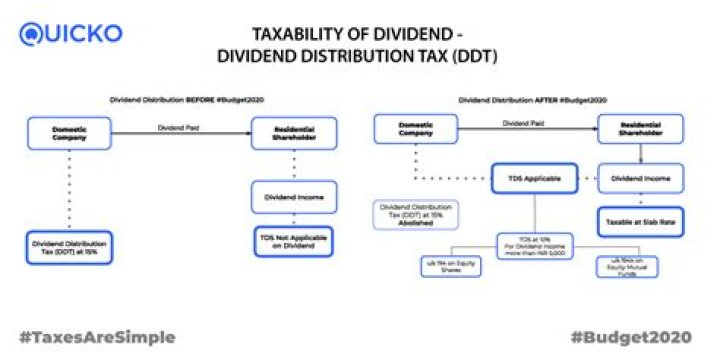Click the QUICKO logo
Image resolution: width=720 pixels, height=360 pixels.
click(70, 34)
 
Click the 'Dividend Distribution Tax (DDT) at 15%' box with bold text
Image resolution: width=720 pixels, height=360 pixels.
click(68, 246)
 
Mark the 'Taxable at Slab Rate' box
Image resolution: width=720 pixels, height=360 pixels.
click(639, 221)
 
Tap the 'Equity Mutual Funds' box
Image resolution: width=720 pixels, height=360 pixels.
click(624, 265)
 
